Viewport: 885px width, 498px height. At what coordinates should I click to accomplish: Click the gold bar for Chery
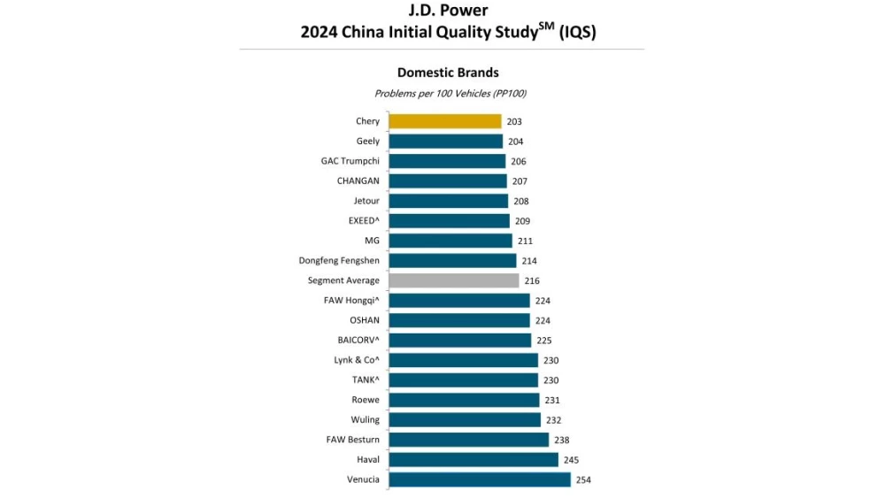click(445, 121)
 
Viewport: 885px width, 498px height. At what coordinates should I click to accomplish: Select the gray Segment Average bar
click(454, 280)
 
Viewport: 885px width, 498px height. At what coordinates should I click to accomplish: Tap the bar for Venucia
click(480, 479)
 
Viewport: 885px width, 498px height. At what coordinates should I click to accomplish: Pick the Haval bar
click(473, 460)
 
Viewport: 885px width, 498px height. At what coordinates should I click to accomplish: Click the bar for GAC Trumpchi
click(447, 161)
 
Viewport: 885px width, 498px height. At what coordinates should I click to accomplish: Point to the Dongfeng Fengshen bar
click(452, 261)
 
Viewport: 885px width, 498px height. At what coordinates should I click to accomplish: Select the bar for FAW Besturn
click(469, 440)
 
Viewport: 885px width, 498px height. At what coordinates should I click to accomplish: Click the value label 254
click(582, 480)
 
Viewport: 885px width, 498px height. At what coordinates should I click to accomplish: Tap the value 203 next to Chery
click(514, 121)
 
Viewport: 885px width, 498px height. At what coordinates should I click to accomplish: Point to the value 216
click(532, 280)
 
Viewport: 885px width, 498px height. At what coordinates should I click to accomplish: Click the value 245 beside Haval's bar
click(571, 460)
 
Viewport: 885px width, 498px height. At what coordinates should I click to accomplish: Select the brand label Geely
click(368, 142)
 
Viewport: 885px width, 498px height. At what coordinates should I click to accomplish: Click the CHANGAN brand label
click(358, 181)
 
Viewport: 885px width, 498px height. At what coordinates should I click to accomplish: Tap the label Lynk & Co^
click(357, 360)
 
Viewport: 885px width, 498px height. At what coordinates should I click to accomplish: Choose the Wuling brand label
click(366, 420)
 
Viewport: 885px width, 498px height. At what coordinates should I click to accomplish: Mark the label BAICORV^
click(358, 341)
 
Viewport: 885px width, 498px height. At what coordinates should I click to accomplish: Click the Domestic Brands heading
click(448, 73)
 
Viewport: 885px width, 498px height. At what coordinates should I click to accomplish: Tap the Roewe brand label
click(366, 400)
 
